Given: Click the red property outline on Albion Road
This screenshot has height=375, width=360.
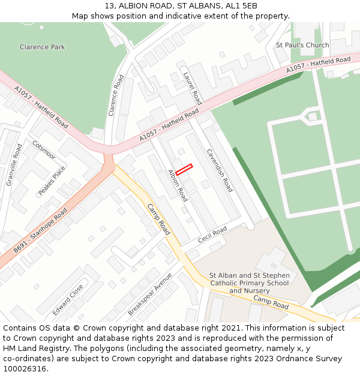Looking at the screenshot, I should tap(184, 169).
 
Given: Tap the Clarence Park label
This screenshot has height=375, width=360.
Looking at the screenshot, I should tap(42, 47).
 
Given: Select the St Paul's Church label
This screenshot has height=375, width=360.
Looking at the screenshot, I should tap(302, 45).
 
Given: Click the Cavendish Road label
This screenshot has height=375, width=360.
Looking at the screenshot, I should tap(220, 170).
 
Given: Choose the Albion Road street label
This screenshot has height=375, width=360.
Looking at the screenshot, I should tap(178, 185).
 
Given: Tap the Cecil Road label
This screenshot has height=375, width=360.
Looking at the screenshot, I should tap(212, 234).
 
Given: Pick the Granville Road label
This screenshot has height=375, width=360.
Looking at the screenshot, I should tap(14, 164).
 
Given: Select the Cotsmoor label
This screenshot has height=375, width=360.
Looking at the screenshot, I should tap(44, 150).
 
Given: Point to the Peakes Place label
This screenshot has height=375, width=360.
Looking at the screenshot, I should tap(52, 180).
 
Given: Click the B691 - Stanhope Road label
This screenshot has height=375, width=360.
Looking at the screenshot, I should tap(40, 230).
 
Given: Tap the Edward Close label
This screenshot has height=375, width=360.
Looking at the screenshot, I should tap(68, 299).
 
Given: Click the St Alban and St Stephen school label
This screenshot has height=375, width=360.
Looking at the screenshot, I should tap(249, 283).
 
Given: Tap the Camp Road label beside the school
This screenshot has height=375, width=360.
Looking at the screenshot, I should tap(271, 302).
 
